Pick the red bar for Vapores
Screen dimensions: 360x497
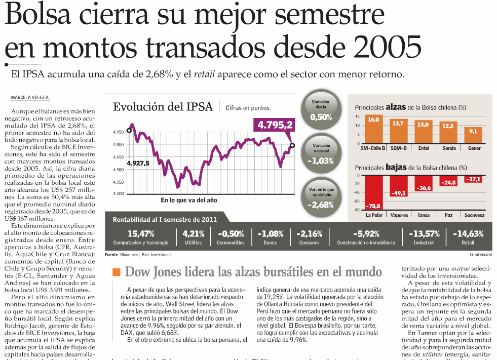tap(399, 186)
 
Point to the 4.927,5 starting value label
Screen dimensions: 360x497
tap(138, 163)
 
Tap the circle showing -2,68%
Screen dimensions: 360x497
tap(321, 198)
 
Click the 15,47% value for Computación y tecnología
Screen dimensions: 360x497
tap(141, 234)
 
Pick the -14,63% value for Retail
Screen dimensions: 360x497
tap(468, 234)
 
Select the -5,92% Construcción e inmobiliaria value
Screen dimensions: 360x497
tap(366, 234)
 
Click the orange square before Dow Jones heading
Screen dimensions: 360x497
tap(117, 272)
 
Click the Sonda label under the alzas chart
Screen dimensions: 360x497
tap(449, 148)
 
